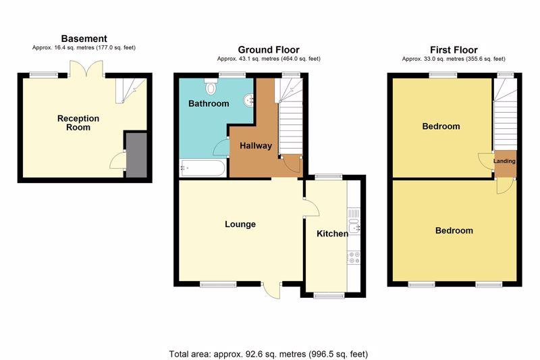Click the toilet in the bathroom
[211, 86]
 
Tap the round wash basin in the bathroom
[248, 100]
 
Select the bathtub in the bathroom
[203, 168]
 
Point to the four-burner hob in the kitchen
[354, 258]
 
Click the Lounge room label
[240, 224]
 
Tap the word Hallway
[256, 146]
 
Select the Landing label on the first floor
[504, 161]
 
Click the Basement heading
[84, 38]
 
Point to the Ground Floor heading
[269, 49]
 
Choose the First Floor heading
[454, 50]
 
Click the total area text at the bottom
[268, 354]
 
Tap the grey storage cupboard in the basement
[136, 155]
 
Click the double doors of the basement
[86, 69]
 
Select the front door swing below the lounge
[272, 290]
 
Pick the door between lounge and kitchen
[312, 207]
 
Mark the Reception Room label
[78, 123]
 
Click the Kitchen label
[332, 234]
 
